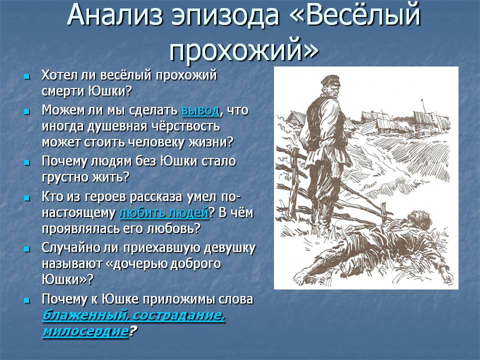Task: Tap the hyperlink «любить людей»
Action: click(164, 213)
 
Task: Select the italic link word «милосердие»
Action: click(85, 331)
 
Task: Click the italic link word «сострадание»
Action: click(179, 315)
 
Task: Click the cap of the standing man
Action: click(330, 81)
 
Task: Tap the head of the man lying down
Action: click(414, 218)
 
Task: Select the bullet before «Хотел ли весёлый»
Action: click(27, 76)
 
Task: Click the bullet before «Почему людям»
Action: click(27, 162)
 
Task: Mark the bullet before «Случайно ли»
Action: click(27, 249)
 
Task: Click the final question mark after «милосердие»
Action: click(132, 331)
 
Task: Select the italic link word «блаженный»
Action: click(85, 315)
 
